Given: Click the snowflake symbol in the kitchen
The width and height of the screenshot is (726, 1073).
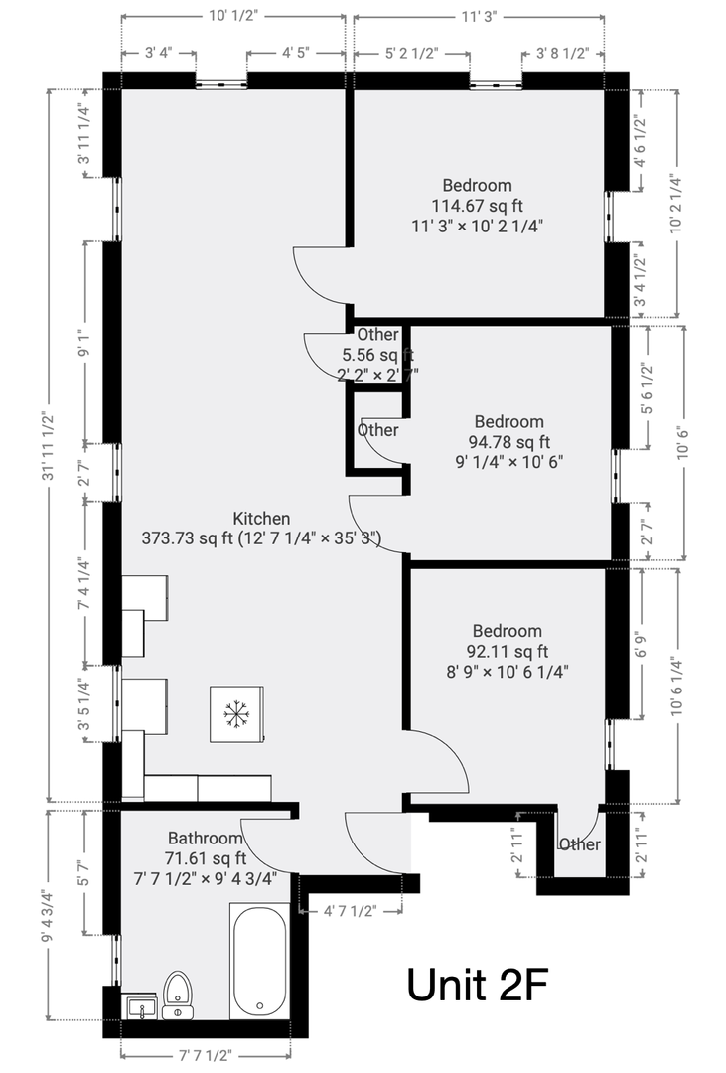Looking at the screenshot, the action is tap(236, 713).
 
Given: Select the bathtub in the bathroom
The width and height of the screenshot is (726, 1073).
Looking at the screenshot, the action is tap(260, 962).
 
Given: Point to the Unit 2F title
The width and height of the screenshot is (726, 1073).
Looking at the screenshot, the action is tap(477, 985).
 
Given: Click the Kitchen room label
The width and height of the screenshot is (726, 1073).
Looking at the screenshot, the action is tap(261, 518).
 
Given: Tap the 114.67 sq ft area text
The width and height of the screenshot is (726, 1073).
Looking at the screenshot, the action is tap(477, 206).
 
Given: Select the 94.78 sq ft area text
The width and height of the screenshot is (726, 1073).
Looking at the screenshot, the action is tap(508, 442).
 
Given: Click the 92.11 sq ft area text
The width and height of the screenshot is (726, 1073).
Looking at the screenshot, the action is tap(508, 652).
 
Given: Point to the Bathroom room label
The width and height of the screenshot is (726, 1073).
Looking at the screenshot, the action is tap(206, 838).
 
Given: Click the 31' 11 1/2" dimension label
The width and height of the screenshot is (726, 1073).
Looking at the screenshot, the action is tap(48, 446).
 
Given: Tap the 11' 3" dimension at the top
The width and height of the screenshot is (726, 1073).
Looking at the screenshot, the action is tap(479, 17).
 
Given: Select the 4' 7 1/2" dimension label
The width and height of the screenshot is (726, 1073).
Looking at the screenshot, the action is tap(350, 911).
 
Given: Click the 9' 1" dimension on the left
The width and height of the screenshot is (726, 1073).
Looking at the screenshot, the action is tap(84, 342).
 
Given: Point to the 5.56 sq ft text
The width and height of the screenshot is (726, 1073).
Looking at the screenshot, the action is tap(378, 355).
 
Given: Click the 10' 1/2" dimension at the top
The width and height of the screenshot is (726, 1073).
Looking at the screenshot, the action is tap(232, 17).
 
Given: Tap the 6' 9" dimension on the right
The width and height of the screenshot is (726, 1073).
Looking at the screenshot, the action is tap(641, 644).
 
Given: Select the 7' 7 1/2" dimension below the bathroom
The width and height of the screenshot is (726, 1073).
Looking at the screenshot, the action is tap(206, 1055).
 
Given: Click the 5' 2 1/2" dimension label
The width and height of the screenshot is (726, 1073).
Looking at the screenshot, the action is tap(411, 54).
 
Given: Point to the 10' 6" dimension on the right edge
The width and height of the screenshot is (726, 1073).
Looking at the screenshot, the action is tap(682, 443).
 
